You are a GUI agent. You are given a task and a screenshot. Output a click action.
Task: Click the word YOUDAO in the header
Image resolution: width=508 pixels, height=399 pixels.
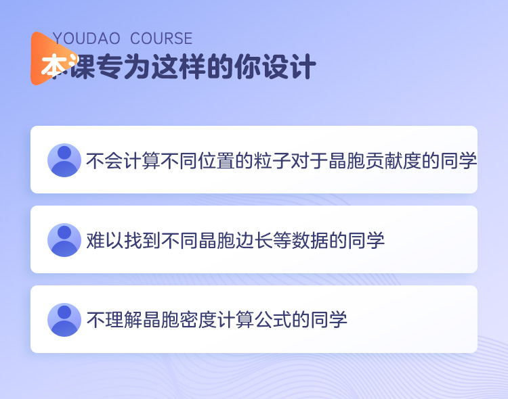pyautogui.click(x=87, y=39)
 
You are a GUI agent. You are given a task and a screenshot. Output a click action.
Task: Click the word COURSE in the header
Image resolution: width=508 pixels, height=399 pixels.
pyautogui.click(x=161, y=39)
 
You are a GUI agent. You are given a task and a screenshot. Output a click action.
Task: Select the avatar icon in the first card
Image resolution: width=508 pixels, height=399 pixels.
pyautogui.click(x=64, y=160)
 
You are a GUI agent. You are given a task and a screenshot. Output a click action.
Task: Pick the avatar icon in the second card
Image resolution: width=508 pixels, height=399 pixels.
pyautogui.click(x=64, y=240)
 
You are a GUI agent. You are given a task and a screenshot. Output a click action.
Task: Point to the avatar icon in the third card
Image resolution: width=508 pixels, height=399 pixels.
pyautogui.click(x=64, y=320)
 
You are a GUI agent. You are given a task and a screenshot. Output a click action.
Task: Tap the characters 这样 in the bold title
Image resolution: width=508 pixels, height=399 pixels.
pyautogui.click(x=180, y=66)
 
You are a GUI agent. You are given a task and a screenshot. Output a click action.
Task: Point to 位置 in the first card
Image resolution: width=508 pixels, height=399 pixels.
pyautogui.click(x=216, y=160)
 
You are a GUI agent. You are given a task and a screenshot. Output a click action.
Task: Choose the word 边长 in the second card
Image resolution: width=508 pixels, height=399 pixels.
pyautogui.click(x=254, y=241)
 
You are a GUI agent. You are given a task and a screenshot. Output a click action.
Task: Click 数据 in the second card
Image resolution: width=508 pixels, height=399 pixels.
pyautogui.click(x=310, y=241)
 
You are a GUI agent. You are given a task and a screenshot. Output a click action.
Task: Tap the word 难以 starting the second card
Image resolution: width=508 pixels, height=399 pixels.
pyautogui.click(x=104, y=241)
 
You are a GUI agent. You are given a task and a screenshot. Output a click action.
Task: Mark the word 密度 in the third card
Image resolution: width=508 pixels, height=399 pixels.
pyautogui.click(x=198, y=320)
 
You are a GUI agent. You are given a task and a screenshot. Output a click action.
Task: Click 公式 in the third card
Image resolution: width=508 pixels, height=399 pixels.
pyautogui.click(x=273, y=320)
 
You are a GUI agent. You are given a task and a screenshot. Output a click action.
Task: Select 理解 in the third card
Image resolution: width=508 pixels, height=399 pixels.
pyautogui.click(x=123, y=320)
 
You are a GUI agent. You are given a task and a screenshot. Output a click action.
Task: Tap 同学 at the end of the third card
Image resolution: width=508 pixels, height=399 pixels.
pyautogui.click(x=329, y=320)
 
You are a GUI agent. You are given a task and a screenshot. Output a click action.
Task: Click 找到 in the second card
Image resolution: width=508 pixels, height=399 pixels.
pyautogui.click(x=142, y=241)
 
